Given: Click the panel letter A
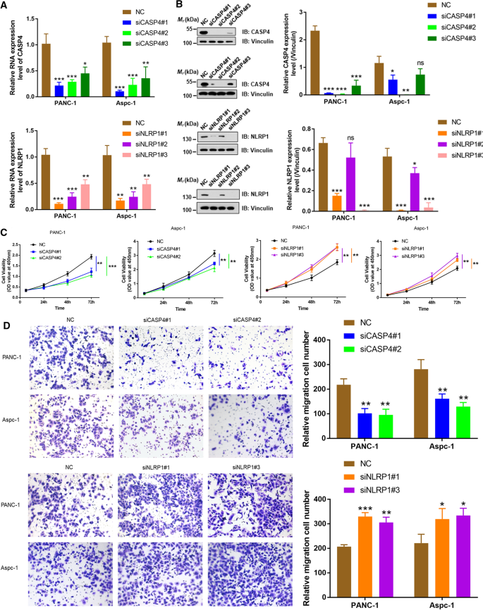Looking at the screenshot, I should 6,6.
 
